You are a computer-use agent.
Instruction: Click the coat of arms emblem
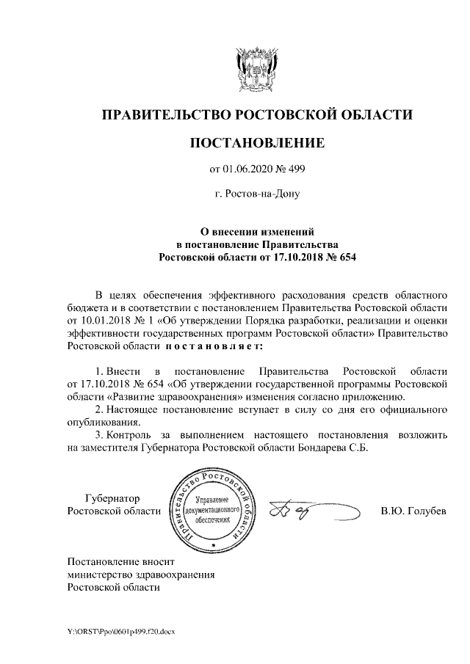point(256,68)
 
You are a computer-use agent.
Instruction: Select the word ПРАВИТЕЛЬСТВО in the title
point(164,114)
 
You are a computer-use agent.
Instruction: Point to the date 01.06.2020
point(246,170)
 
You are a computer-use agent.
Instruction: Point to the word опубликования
point(101,422)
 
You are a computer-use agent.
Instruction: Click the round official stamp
point(214,508)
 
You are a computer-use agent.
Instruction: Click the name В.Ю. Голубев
point(413,511)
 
